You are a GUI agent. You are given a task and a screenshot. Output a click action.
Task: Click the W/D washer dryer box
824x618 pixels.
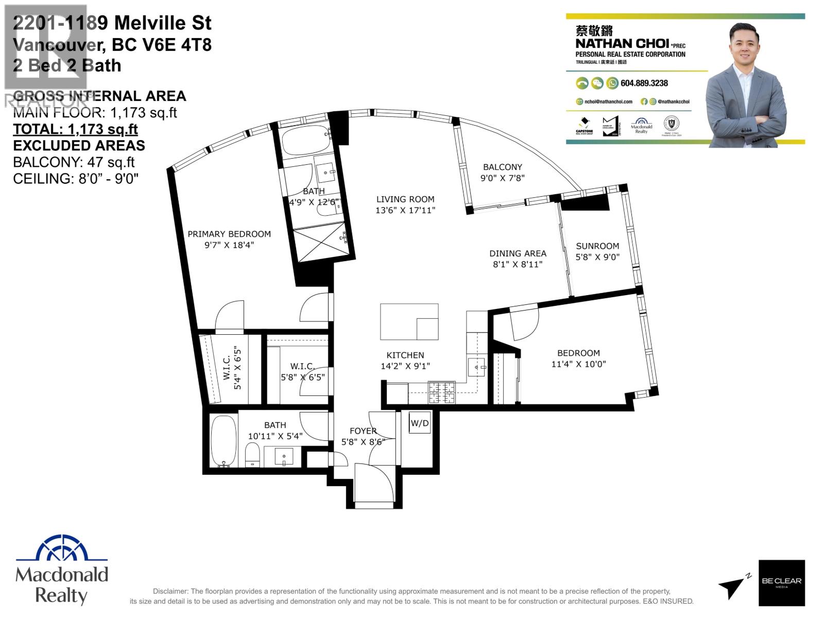[420, 423]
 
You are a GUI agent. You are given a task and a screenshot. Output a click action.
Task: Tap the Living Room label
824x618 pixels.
[405, 199]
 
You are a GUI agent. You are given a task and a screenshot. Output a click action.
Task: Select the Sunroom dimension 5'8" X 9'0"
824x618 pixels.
[597, 257]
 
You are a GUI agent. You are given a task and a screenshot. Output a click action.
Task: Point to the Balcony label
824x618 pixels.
[502, 167]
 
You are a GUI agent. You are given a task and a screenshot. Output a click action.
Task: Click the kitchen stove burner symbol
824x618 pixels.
[442, 392]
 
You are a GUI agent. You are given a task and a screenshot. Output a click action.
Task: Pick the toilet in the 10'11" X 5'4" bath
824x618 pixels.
[252, 455]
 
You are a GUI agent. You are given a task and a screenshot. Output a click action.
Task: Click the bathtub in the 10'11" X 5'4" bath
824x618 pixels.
[224, 441]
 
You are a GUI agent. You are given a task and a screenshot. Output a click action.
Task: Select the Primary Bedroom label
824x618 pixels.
[229, 234]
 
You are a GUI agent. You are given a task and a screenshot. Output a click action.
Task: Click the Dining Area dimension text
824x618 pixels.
[518, 264]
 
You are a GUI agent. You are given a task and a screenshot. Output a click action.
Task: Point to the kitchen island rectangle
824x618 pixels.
[409, 322]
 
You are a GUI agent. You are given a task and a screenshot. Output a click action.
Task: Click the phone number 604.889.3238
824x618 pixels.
[644, 83]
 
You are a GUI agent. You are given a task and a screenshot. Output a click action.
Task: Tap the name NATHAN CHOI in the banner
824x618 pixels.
[622, 43]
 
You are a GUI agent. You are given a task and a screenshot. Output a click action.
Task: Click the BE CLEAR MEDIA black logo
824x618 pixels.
[781, 582]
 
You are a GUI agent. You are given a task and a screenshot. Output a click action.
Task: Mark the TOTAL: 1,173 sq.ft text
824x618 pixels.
[75, 129]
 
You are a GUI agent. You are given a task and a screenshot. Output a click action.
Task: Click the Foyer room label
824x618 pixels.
[363, 431]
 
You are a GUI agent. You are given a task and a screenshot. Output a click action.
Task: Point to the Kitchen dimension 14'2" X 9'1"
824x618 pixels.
[405, 366]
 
